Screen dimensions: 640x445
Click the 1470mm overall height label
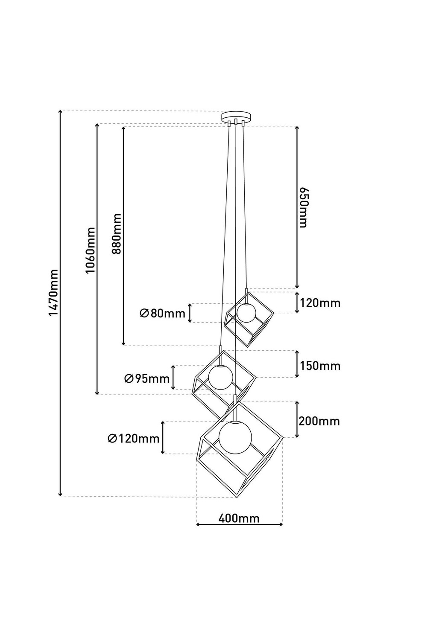pos(53,293)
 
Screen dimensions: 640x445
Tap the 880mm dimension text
pos(117,233)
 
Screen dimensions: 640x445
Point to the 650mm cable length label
pos(303,207)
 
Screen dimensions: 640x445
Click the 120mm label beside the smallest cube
pos(320,303)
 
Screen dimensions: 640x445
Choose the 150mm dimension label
pos(320,366)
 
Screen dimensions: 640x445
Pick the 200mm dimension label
pos(319,421)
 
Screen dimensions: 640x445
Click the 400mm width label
pos(239,518)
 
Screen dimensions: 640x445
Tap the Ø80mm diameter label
pos(163,314)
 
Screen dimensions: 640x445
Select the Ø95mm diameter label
pos(147,378)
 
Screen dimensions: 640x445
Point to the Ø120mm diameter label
pos(134,438)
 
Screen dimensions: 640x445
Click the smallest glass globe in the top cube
pos(246,312)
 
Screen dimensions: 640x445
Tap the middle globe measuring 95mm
pos(220,377)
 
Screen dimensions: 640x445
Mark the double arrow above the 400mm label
pos(239,525)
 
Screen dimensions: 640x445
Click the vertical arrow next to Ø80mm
pos(190,313)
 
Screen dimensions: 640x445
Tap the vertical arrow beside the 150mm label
pos(297,364)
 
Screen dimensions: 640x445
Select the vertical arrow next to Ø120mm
pos(163,437)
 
